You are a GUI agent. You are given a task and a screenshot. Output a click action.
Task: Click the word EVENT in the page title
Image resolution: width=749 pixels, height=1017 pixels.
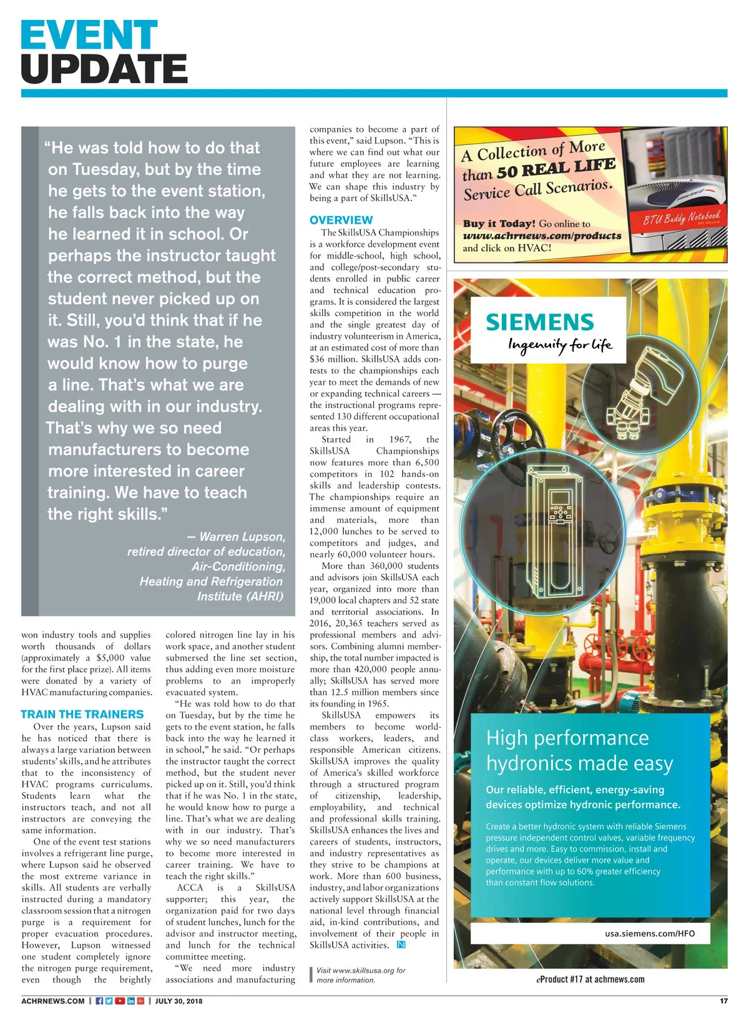pyautogui.click(x=89, y=35)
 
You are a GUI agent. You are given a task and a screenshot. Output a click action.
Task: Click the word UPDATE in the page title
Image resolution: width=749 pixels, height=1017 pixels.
pyautogui.click(x=104, y=69)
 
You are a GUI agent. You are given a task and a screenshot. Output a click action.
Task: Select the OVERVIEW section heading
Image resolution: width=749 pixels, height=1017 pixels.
pyautogui.click(x=341, y=220)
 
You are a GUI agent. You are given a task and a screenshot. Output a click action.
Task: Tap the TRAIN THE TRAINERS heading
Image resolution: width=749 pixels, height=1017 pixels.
pyautogui.click(x=82, y=714)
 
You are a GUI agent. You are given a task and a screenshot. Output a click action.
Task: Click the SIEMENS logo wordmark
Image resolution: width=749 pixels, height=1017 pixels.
pyautogui.click(x=540, y=322)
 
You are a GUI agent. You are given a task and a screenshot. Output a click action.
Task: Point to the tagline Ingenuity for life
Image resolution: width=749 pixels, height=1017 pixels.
pyautogui.click(x=560, y=345)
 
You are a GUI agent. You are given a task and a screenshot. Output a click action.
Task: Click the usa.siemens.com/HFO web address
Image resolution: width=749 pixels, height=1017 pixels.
pyautogui.click(x=649, y=933)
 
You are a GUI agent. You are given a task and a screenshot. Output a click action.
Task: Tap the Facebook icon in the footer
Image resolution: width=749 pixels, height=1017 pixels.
pyautogui.click(x=99, y=1001)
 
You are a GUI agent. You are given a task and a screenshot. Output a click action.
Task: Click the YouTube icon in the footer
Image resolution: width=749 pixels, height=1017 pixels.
pyautogui.click(x=119, y=1001)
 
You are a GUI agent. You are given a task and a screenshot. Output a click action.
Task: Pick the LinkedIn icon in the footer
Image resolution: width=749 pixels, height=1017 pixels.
pyautogui.click(x=130, y=1001)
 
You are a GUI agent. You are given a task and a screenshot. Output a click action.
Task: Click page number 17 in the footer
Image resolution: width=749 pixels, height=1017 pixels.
pyautogui.click(x=723, y=1001)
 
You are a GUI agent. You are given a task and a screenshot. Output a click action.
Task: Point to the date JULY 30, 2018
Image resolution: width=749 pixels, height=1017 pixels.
pyautogui.click(x=179, y=1001)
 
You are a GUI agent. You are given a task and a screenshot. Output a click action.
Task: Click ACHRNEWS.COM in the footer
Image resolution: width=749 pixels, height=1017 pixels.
pyautogui.click(x=52, y=1001)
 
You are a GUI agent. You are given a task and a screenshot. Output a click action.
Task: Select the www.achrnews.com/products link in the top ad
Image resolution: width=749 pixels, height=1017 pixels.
pyautogui.click(x=542, y=236)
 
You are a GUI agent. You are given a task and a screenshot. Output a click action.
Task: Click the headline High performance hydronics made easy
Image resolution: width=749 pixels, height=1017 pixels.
pyautogui.click(x=579, y=750)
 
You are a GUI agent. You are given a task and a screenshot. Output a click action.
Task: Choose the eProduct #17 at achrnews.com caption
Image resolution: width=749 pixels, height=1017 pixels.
pyautogui.click(x=590, y=979)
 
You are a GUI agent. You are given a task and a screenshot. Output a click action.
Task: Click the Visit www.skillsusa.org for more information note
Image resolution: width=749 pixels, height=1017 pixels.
pyautogui.click(x=360, y=975)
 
